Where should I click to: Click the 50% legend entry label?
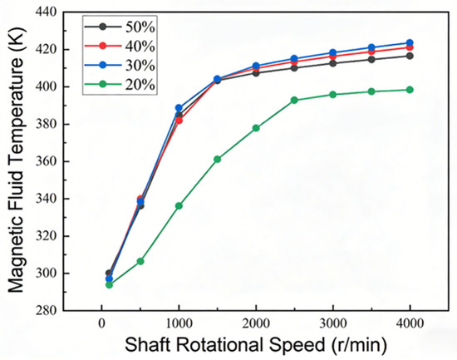coord(140,27)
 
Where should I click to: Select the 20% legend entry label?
coord(140,85)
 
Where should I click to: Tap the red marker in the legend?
coord(102,46)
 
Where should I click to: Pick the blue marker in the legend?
coord(102,65)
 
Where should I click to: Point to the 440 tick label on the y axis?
coord(47,12)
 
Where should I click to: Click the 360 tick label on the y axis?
coord(47,161)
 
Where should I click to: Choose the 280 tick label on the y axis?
coord(47,310)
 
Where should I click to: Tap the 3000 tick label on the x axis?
coord(333,323)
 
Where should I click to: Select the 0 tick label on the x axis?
coord(101,323)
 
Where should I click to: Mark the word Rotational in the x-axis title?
coord(220,344)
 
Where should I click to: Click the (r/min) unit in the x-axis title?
coord(359,345)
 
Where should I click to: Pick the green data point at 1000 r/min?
coord(179,205)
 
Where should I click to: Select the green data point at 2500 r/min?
coord(294,100)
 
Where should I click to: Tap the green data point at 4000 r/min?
coord(410,90)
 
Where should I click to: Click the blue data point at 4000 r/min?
coord(410,42)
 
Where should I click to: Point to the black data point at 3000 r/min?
coord(333,63)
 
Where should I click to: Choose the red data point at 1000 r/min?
coord(179,121)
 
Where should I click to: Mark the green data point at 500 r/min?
coord(140,261)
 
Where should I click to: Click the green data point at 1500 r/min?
coord(218,159)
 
